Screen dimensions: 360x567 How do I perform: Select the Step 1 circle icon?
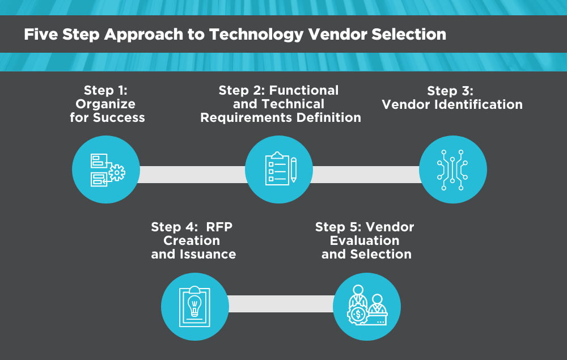106,170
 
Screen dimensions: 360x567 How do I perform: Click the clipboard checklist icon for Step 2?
278,170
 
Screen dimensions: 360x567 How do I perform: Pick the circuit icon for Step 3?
452,170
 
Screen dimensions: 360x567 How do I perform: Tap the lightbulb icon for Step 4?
194,307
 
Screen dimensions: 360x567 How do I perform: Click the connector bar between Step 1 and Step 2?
192,174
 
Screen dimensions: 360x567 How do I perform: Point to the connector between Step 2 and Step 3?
366,174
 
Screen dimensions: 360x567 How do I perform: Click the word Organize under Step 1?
105,104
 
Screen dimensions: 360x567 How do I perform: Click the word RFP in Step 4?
218,227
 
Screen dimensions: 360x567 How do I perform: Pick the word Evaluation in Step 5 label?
365,240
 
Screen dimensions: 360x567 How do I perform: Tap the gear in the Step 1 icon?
116,172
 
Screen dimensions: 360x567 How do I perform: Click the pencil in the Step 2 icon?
293,170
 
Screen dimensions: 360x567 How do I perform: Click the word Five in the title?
39,35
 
